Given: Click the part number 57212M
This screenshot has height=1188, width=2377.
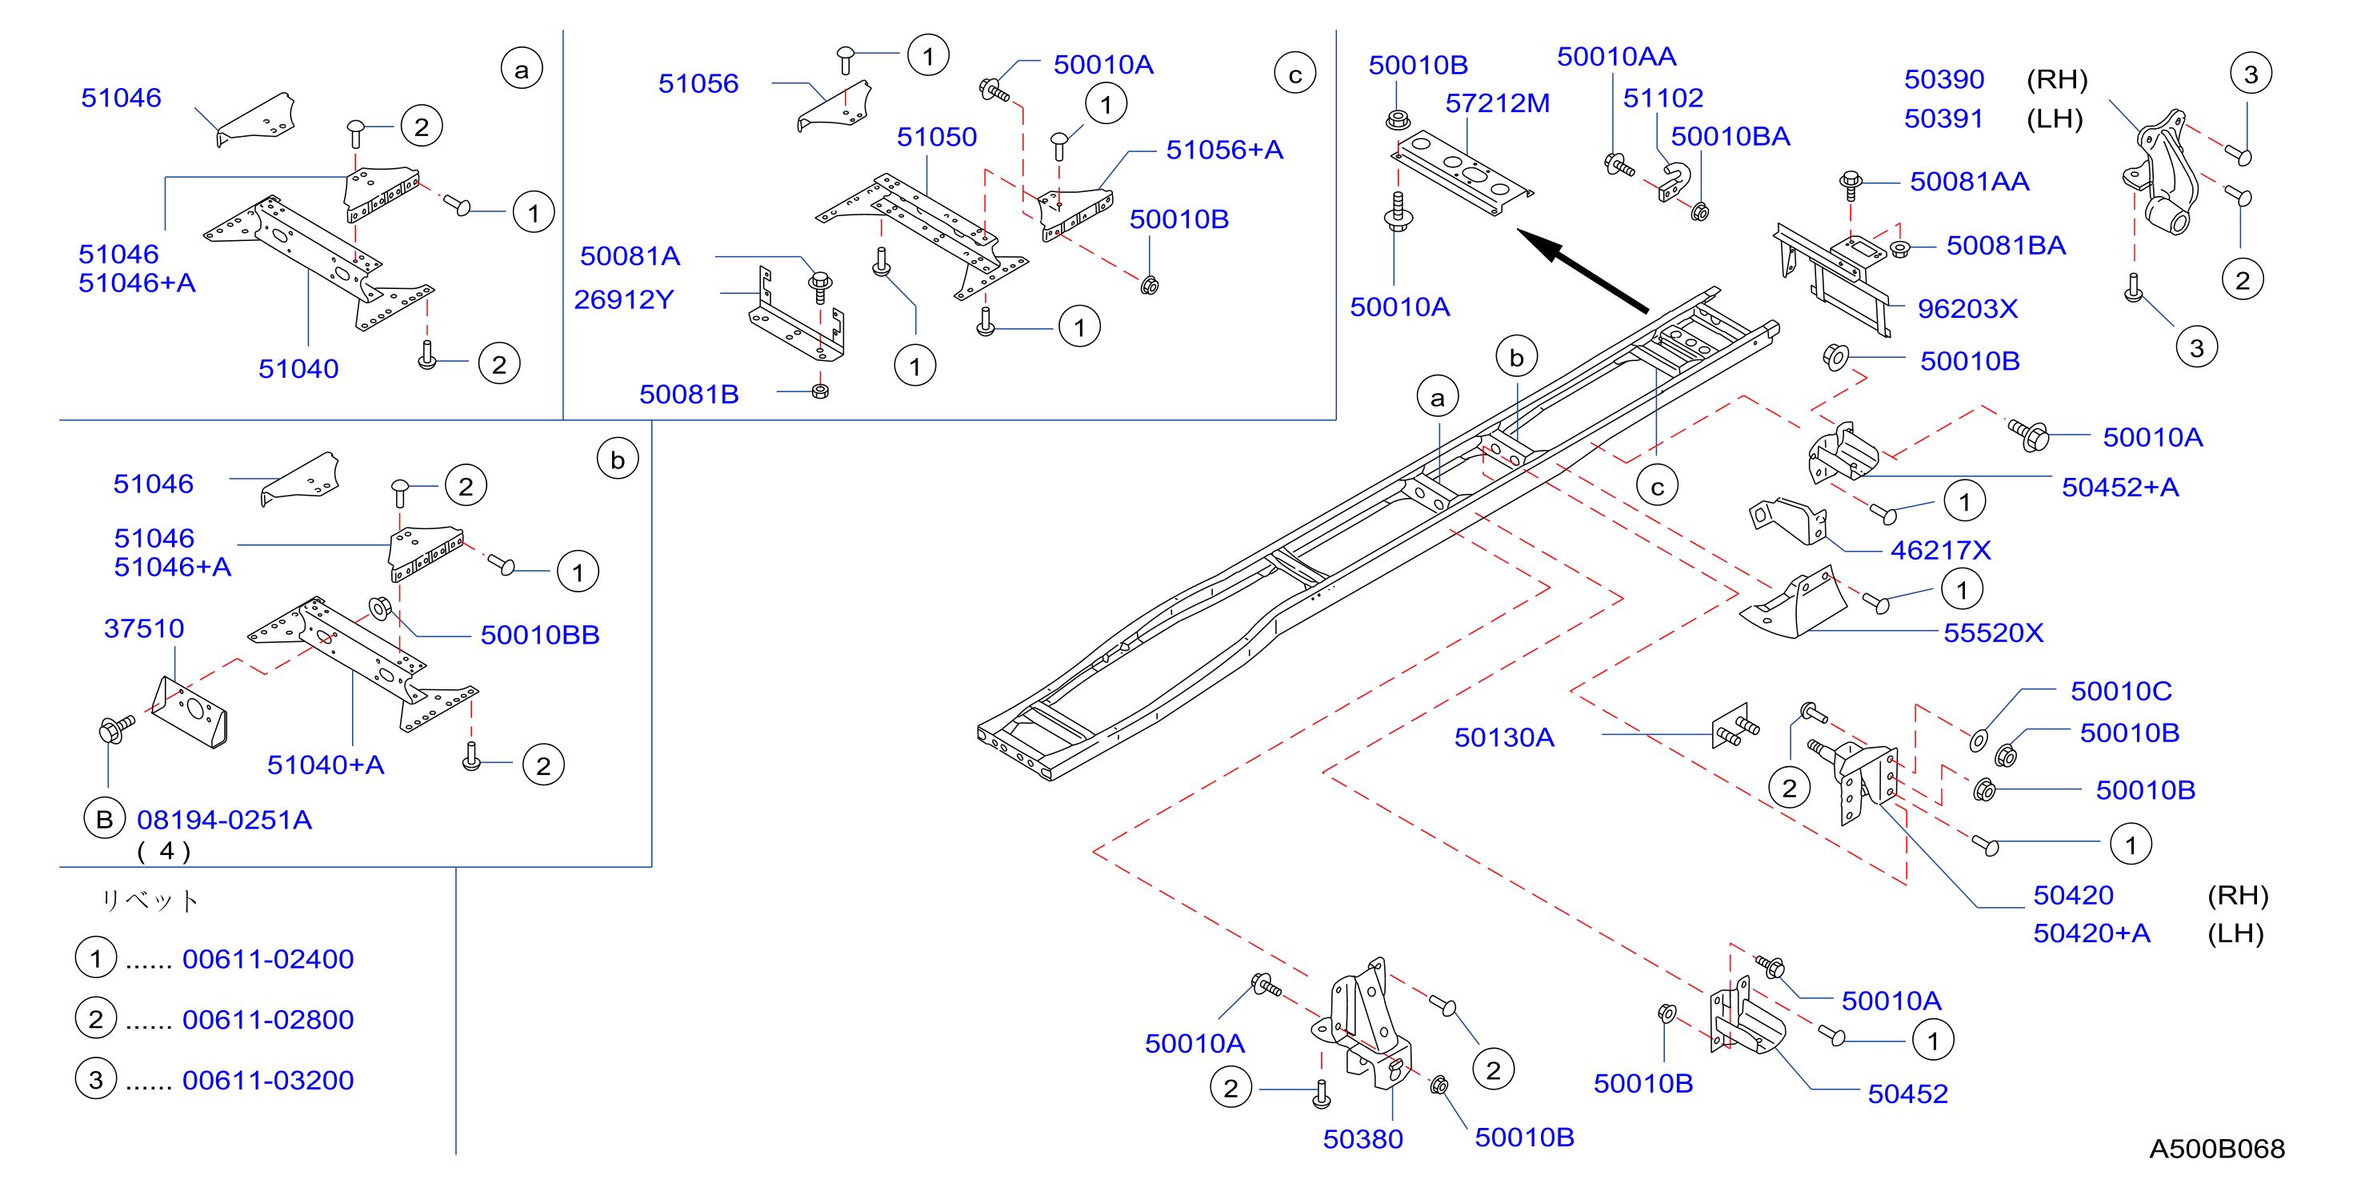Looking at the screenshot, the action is [1497, 103].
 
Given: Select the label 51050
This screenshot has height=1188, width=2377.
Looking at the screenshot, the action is [937, 137].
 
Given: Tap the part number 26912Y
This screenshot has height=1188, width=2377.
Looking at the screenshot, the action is [624, 299].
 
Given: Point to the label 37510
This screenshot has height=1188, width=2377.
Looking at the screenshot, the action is [144, 628].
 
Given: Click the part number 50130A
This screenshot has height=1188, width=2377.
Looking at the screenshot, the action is [1504, 736].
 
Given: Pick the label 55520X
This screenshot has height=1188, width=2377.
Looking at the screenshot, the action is [1993, 632].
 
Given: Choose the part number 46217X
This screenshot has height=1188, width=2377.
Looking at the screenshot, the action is [1940, 550].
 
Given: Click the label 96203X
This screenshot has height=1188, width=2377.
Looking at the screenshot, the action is [1967, 308].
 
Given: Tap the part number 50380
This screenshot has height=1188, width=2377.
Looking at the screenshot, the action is [1363, 1139].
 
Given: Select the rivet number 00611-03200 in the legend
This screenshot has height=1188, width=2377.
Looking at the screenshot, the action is [267, 1080].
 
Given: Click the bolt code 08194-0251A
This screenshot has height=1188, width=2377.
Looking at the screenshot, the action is [224, 820].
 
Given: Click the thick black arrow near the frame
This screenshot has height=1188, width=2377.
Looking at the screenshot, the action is [1583, 271].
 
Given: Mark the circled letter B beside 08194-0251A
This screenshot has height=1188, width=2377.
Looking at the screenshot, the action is [104, 819].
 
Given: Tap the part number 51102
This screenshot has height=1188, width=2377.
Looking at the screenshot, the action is [1663, 98].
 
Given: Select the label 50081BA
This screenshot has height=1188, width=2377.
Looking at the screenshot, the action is [2006, 246].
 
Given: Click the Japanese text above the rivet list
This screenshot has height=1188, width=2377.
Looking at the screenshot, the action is [150, 900].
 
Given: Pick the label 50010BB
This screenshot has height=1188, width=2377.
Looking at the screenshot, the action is [540, 635].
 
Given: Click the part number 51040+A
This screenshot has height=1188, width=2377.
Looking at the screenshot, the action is [326, 765].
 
